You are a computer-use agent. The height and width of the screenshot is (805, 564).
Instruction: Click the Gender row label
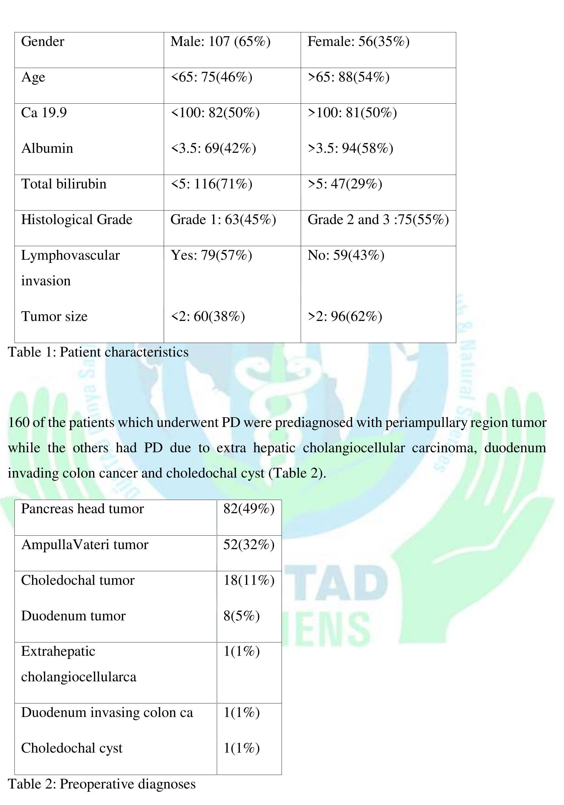(x=42, y=42)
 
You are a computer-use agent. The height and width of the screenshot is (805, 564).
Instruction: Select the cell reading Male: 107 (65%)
(x=220, y=42)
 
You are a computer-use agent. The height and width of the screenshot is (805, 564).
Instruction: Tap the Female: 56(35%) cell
(x=358, y=42)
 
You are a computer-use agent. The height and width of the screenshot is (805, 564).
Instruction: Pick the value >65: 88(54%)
(x=348, y=77)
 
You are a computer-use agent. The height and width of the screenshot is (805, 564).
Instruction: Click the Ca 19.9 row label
(x=44, y=113)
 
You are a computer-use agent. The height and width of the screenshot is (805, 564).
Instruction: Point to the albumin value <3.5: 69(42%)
(x=213, y=148)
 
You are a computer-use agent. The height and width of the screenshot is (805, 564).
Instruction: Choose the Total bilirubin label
(x=64, y=184)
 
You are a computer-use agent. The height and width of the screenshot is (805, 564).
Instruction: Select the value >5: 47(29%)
(x=345, y=184)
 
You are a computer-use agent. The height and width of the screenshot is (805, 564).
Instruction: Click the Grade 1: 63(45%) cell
(x=223, y=220)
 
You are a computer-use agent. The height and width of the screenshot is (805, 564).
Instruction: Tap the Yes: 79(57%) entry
(x=211, y=255)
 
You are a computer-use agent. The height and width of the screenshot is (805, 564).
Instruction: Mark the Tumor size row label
(x=54, y=317)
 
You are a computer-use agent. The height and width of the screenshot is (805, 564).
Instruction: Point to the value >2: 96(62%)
(x=345, y=317)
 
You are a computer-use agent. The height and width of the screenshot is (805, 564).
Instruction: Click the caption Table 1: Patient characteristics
(x=98, y=352)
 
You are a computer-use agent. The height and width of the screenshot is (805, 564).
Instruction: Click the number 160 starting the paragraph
(x=18, y=423)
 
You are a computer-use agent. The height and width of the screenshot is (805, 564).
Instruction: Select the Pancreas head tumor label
(x=82, y=509)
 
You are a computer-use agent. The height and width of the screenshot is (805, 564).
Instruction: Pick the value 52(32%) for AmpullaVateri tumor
(x=249, y=545)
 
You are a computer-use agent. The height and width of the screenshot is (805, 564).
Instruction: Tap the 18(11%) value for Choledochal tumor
(x=249, y=580)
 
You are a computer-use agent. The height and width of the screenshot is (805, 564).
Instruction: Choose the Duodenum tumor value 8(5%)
(x=241, y=616)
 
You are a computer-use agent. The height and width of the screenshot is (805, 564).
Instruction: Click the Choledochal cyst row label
(x=72, y=748)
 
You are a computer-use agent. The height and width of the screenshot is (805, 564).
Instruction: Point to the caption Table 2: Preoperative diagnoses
(x=102, y=784)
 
